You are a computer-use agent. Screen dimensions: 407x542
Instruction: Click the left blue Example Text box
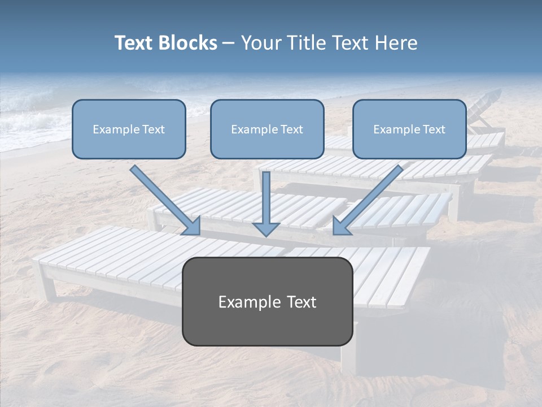129,129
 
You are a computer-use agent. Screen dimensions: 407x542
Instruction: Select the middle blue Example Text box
267,129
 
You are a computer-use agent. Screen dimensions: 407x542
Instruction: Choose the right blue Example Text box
409,129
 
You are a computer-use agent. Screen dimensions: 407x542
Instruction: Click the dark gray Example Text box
268,301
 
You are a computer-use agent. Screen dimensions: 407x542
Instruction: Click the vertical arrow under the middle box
266,198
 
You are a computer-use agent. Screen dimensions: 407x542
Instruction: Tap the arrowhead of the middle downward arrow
266,228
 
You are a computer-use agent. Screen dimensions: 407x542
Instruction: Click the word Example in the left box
113,129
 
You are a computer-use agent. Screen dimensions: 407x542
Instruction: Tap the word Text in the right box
434,129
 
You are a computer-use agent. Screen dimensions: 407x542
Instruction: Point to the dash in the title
229,44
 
